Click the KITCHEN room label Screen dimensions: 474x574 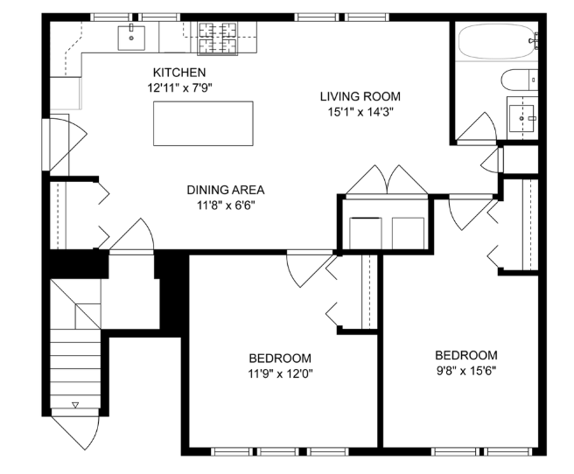179,72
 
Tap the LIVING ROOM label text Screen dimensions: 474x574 359,96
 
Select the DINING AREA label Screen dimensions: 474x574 225,189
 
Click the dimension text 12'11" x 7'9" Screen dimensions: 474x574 179,87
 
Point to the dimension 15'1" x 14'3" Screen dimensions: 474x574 359,112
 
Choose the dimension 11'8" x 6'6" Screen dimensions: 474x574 225,205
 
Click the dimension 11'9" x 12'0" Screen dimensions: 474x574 279,373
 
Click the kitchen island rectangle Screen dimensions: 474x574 204,123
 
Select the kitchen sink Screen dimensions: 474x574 131,37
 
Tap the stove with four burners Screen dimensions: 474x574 218,37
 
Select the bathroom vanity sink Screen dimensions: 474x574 523,115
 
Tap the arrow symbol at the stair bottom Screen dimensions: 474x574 75,405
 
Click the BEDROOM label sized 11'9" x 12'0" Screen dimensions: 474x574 279,358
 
